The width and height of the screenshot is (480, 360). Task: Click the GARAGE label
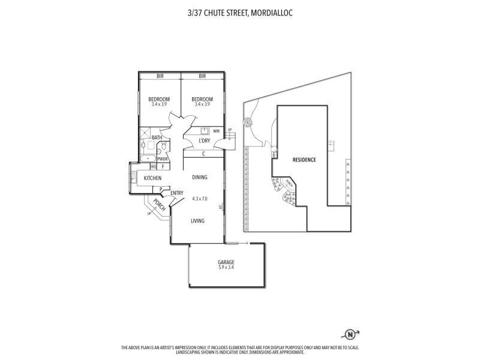point(226,263)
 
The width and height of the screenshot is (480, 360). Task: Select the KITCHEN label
point(152,178)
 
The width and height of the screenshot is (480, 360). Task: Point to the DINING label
point(199,178)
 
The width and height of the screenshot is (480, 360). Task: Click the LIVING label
point(197,221)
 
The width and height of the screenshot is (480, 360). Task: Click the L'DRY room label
point(205,140)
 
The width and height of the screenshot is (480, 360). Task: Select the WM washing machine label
point(215,130)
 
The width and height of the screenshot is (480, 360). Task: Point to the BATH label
point(156,137)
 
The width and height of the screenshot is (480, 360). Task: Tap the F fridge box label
point(162,166)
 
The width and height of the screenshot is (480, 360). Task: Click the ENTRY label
point(176,193)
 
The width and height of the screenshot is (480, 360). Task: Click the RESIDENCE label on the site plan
point(304,160)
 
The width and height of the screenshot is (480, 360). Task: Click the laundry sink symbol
point(203,130)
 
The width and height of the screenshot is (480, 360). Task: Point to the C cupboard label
point(204,154)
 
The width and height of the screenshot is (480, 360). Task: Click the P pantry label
point(161,189)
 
